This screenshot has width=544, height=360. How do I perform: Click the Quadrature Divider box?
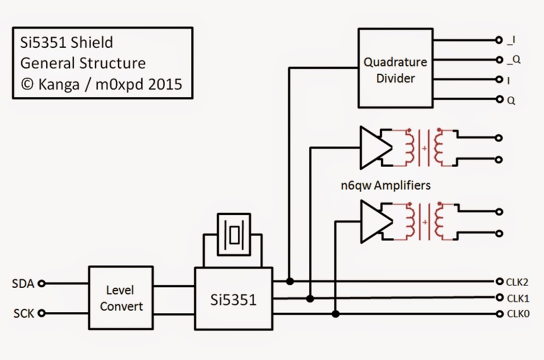pyautogui.click(x=395, y=68)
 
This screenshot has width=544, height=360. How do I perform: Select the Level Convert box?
pyautogui.click(x=121, y=298)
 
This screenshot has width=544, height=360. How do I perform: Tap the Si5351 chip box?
pyautogui.click(x=233, y=299)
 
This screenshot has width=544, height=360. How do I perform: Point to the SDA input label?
pyautogui.click(x=23, y=284)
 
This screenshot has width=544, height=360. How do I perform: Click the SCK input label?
pyautogui.click(x=24, y=314)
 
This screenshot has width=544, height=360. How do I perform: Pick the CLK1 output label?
pyautogui.click(x=518, y=298)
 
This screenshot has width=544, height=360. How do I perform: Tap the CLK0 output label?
pyautogui.click(x=518, y=314)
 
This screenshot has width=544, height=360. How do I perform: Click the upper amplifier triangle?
pyautogui.click(x=374, y=147)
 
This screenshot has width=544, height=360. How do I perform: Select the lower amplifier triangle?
pyautogui.click(x=374, y=221)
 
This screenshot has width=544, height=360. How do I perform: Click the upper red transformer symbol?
pyautogui.click(x=424, y=147)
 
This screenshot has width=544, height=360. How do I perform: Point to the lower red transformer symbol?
pyautogui.click(x=424, y=221)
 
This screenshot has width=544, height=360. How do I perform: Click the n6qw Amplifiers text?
pyautogui.click(x=386, y=186)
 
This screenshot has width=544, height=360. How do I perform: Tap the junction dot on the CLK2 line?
pyautogui.click(x=290, y=281)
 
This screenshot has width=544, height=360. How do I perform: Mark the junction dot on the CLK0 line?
pyautogui.click(x=336, y=314)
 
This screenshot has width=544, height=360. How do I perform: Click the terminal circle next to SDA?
pyautogui.click(x=42, y=284)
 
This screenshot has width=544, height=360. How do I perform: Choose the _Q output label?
pyautogui.click(x=514, y=60)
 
